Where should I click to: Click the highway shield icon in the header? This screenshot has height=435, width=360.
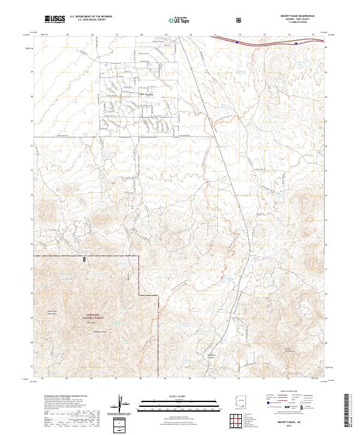pyautogui.click(x=241, y=20)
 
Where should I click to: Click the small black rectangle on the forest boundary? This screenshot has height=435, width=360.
pyautogui.click(x=85, y=259)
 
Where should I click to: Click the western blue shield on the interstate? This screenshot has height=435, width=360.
pyautogui.click(x=238, y=42)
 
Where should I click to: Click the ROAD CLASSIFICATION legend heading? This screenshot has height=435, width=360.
pyautogui.click(x=295, y=394)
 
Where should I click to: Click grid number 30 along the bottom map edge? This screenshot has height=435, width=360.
pyautogui.click(x=190, y=379)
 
